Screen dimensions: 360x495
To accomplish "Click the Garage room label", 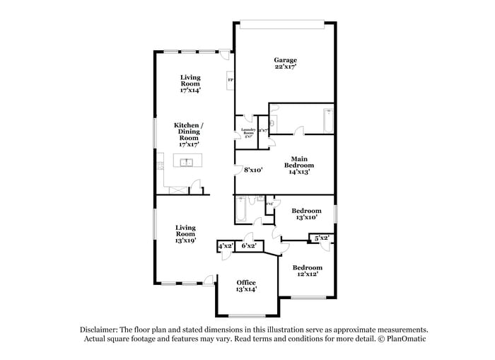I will coord(285,60).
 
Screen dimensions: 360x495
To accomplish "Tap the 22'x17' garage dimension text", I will coord(285,67).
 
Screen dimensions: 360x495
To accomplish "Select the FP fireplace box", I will coord(230,80).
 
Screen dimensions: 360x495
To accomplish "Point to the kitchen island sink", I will coord(187,163).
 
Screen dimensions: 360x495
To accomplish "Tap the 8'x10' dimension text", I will coord(253,170).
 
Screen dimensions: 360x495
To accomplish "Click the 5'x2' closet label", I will coord(321,238).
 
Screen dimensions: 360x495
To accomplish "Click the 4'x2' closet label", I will coord(226,246).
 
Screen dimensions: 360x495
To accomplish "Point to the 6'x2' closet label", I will coord(249,246).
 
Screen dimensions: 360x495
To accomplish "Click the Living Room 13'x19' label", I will coord(185,233).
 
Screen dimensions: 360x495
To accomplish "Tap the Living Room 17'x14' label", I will coord(190,83).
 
